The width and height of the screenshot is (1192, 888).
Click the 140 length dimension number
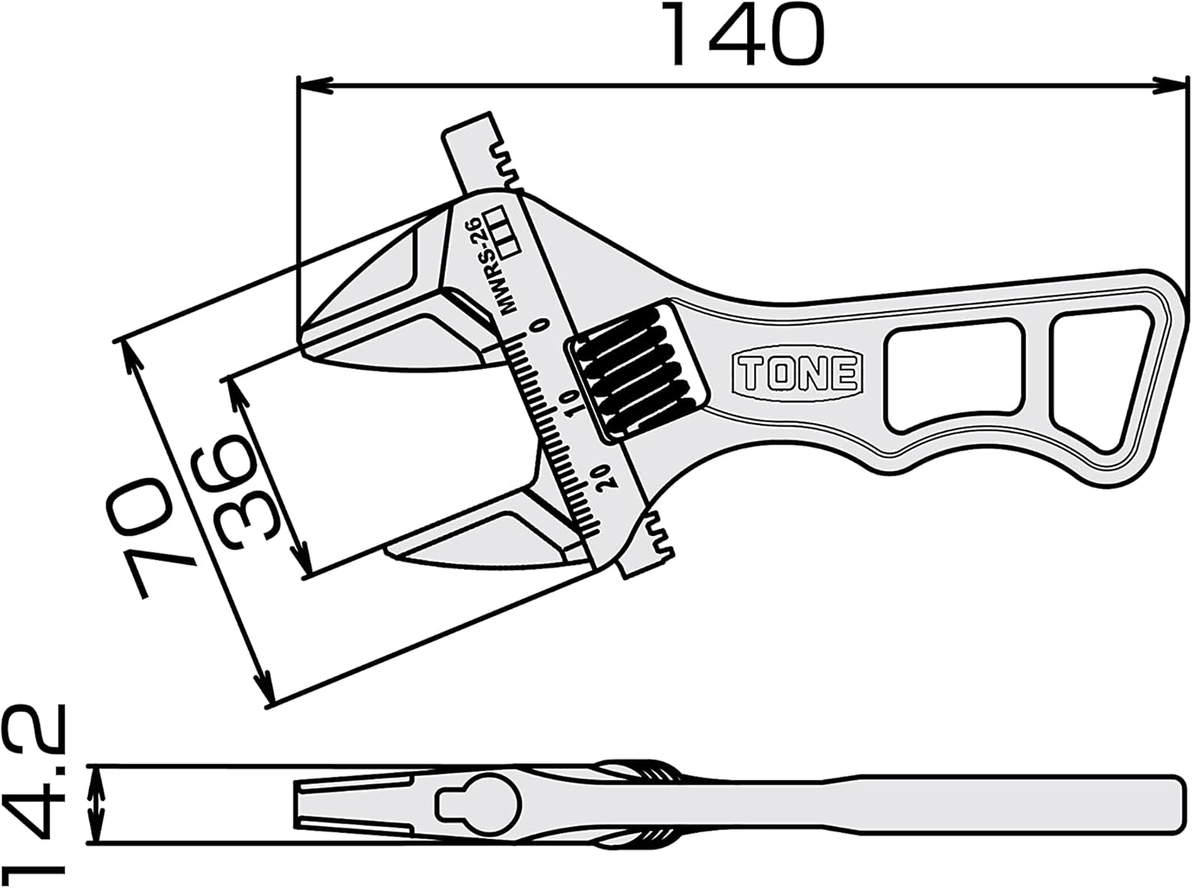(x=745, y=36)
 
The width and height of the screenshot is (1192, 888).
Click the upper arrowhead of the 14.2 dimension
(x=96, y=780)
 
